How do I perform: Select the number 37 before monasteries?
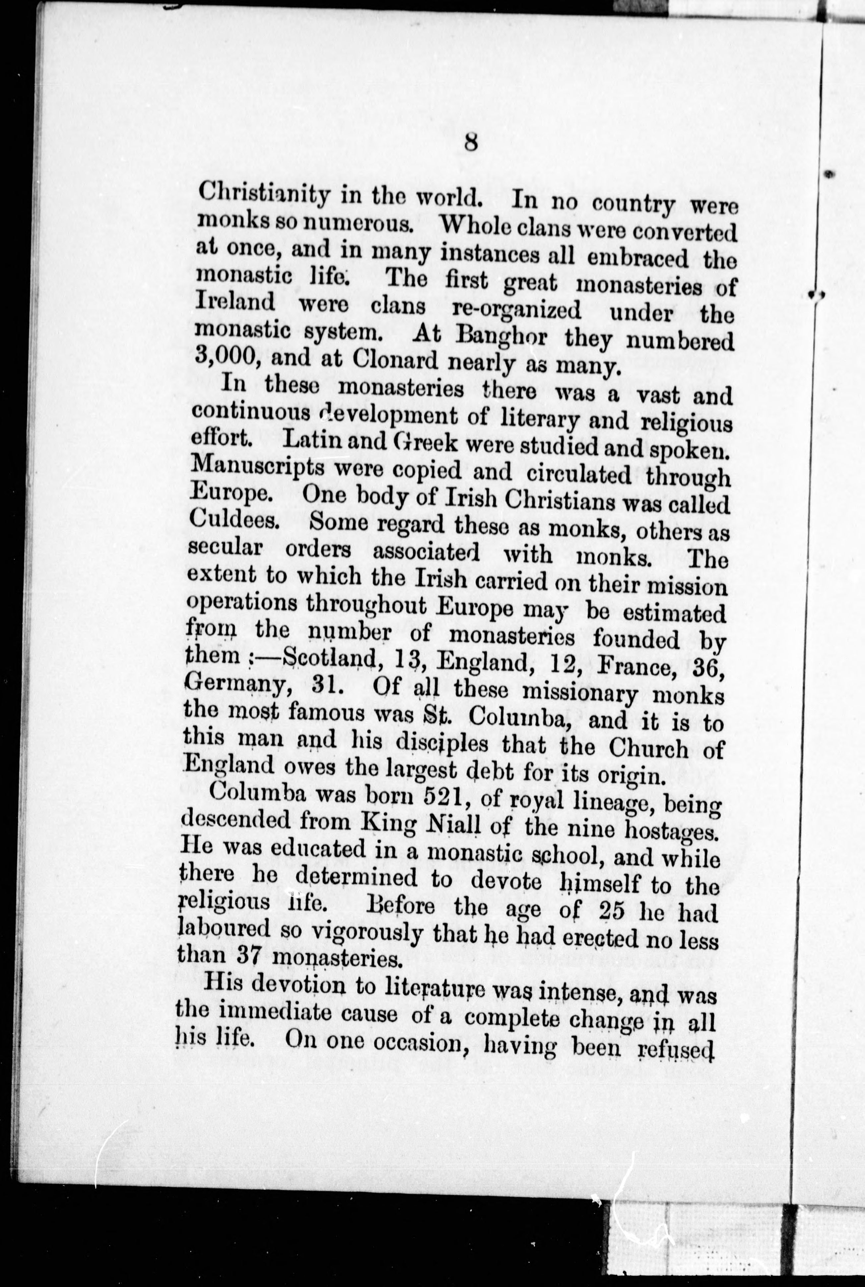point(246,957)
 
